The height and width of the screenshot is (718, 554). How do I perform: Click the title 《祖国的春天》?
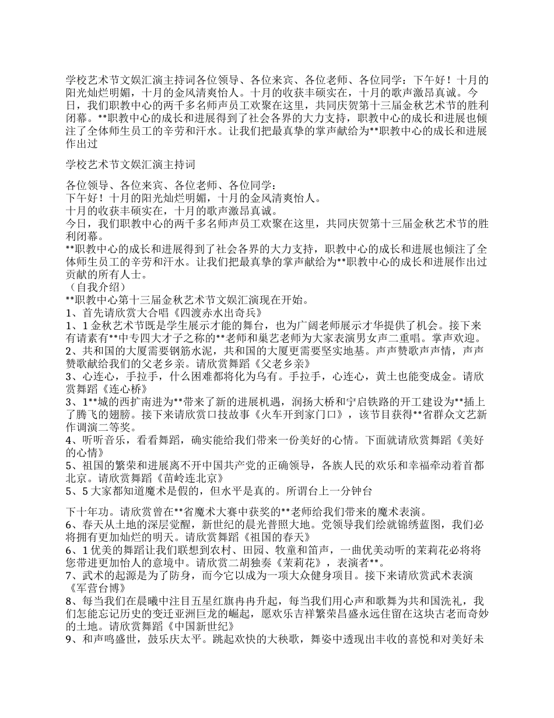[267, 536]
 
